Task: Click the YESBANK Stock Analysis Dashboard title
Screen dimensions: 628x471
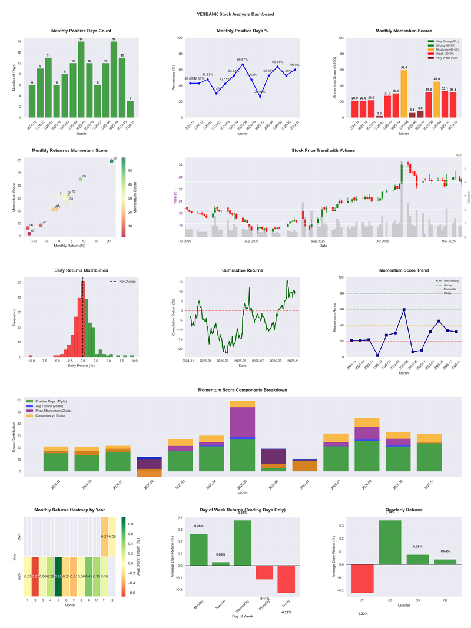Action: click(x=235, y=14)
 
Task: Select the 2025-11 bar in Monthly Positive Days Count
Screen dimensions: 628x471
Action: click(x=130, y=110)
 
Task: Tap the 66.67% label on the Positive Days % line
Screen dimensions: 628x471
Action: click(x=242, y=60)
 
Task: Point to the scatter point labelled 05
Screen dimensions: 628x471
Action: click(x=111, y=161)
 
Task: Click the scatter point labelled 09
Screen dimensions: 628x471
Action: click(x=81, y=179)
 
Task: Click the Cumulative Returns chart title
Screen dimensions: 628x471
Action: click(x=242, y=270)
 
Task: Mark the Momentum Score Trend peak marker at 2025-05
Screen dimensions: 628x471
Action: click(x=404, y=309)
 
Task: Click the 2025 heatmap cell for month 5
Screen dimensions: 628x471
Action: click(x=58, y=576)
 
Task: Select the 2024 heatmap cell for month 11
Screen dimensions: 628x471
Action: click(x=104, y=537)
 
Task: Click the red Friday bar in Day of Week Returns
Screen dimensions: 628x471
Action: click(x=286, y=579)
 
